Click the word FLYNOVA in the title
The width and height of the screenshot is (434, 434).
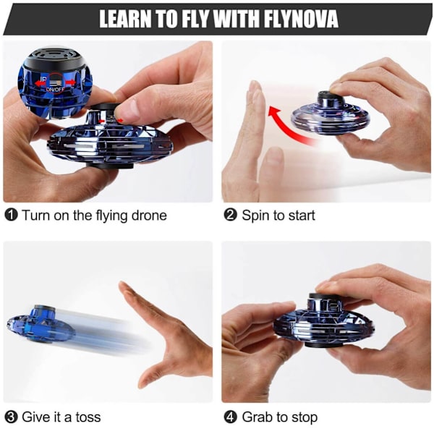301,19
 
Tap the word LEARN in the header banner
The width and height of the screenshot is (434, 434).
125,19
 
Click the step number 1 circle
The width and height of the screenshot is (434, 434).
12,215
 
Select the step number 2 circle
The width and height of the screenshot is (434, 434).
230,215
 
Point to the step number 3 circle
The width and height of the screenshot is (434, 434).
12,417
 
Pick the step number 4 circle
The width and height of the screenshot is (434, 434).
230,417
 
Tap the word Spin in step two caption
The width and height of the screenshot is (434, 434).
255,216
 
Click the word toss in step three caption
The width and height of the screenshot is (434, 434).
88,417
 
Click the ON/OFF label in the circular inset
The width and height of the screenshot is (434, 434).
56,90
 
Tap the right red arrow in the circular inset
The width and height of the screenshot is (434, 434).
70,82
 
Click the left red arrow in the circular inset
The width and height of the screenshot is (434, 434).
41,82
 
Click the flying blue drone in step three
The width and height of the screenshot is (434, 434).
41,324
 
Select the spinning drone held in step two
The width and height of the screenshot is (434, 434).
331,114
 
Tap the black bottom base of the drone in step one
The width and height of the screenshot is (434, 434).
110,166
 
